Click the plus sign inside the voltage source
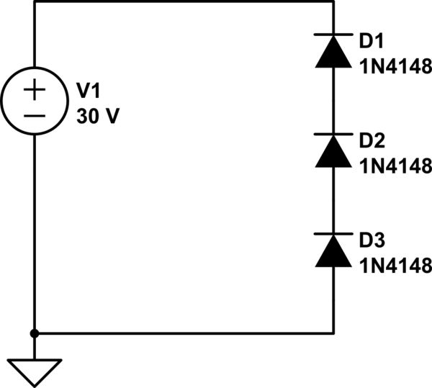pyautogui.click(x=35, y=90)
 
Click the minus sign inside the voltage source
pyautogui.click(x=35, y=115)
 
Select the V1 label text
pyautogui.click(x=90, y=90)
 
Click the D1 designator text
pyautogui.click(x=374, y=41)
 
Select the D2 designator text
pyautogui.click(x=374, y=140)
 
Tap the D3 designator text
pyautogui.click(x=374, y=239)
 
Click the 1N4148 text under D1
pyautogui.click(x=395, y=66)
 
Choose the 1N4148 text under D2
pyautogui.click(x=395, y=166)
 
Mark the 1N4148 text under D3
pyautogui.click(x=395, y=265)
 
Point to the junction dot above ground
pyautogui.click(x=35, y=333)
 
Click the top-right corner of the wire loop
pyautogui.click(x=333, y=2)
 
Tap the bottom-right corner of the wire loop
pyautogui.click(x=333, y=333)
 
